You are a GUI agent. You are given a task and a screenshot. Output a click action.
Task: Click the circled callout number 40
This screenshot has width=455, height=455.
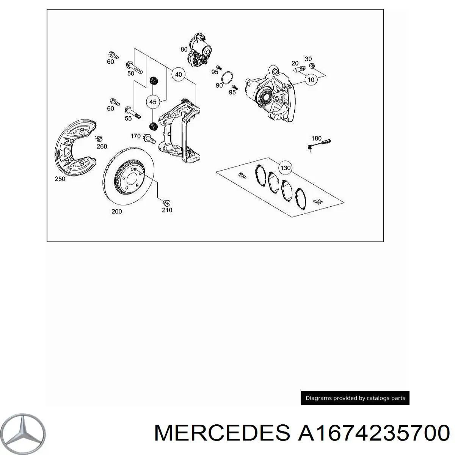pos(178,74)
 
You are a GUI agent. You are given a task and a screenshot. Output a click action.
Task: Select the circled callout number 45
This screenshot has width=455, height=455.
pos(153,102)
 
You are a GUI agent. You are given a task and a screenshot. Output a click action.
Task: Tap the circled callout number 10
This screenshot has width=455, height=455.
pos(311,80)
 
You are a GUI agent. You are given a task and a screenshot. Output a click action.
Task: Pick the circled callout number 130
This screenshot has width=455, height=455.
pos(285,168)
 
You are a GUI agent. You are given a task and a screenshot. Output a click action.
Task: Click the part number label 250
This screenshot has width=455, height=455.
pos(60,179)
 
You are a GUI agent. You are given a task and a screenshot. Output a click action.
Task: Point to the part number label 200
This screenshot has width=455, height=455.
pos(117,212)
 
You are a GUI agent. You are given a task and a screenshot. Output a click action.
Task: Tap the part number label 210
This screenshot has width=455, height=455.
pos(167,210)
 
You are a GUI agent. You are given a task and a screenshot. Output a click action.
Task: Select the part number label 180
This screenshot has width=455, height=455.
pos(316,138)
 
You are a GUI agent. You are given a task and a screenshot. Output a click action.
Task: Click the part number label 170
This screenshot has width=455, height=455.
pos(135,136)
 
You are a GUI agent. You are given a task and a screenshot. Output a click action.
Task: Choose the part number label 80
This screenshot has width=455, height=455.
pos(184,49)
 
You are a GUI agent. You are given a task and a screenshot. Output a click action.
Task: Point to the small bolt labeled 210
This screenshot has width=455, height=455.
pos(167,202)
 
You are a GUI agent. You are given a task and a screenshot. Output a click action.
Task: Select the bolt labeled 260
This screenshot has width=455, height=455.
pos(99,139)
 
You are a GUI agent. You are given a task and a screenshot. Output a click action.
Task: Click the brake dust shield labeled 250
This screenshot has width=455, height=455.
pos(75,147)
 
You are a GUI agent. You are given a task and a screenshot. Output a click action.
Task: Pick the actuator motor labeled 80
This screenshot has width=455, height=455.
pos(199,50)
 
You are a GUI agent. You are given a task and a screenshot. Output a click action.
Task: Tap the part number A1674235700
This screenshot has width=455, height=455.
pos(374,433)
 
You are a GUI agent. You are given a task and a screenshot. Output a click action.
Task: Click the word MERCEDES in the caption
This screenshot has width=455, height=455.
pos(222,433)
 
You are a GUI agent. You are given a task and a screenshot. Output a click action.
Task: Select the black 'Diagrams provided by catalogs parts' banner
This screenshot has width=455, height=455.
pos(355,398)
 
